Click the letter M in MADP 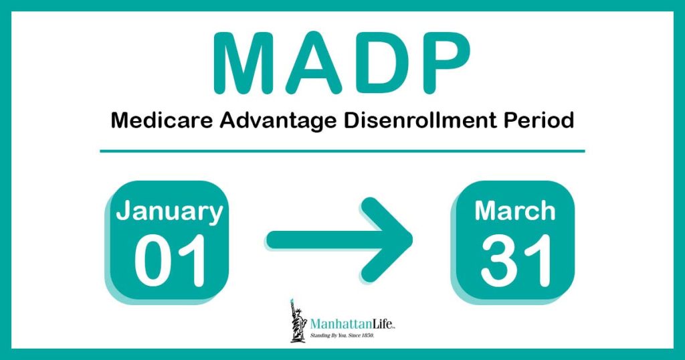[x=246, y=62]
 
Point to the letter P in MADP [x=445, y=62]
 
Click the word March [x=515, y=211]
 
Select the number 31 [x=516, y=260]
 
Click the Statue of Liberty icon [x=299, y=321]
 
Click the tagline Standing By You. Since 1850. [x=342, y=335]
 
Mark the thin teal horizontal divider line [x=342, y=151]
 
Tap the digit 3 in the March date [x=498, y=260]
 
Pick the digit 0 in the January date [x=152, y=260]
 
